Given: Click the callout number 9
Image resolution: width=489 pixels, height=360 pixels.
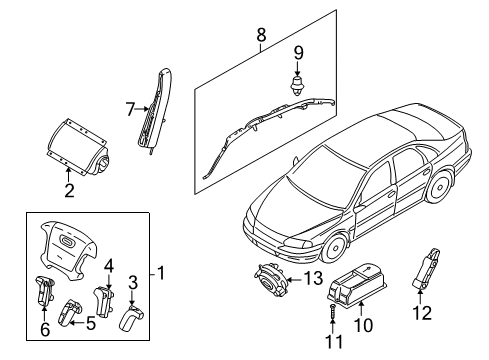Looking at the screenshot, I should click(298, 52).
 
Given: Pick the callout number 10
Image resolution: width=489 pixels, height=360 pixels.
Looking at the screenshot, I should click(365, 324).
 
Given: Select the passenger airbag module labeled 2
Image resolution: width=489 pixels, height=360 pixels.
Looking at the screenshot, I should click(85, 144).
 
